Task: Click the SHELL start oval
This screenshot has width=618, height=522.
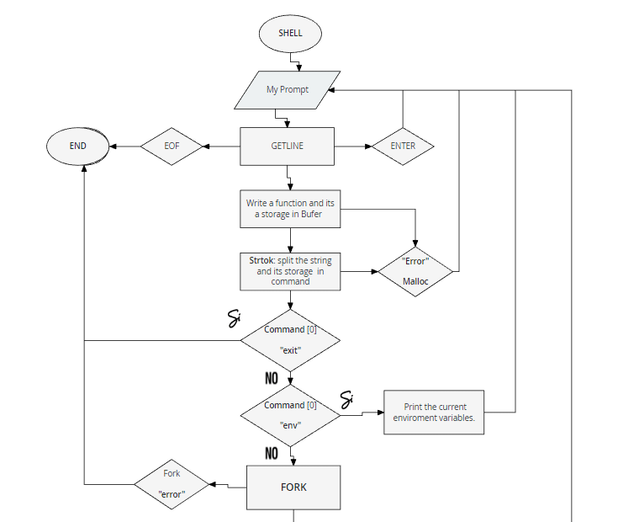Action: click(290, 34)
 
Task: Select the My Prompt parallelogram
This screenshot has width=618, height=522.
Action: click(288, 90)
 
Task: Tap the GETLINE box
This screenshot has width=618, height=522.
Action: click(288, 146)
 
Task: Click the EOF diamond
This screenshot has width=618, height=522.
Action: click(172, 146)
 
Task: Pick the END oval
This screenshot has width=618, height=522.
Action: click(77, 146)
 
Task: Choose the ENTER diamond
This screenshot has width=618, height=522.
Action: click(403, 146)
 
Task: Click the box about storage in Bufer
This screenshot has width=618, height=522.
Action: click(290, 209)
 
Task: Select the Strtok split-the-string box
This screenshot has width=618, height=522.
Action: click(290, 271)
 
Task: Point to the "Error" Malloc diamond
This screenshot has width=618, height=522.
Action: click(415, 271)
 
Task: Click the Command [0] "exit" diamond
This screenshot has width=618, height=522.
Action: click(290, 340)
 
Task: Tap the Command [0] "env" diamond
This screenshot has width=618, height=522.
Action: click(290, 415)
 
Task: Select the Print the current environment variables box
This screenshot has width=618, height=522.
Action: click(434, 413)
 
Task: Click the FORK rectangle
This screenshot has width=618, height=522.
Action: click(293, 487)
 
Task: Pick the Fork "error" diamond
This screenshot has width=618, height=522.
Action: click(172, 484)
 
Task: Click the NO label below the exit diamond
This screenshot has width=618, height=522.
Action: click(272, 378)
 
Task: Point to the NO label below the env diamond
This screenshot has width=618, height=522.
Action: click(272, 454)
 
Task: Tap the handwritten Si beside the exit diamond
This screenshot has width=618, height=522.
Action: click(234, 319)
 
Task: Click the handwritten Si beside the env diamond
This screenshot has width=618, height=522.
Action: click(346, 400)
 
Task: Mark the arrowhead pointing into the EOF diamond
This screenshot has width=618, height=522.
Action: click(206, 146)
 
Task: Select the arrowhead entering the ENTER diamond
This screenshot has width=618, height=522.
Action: click(368, 146)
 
